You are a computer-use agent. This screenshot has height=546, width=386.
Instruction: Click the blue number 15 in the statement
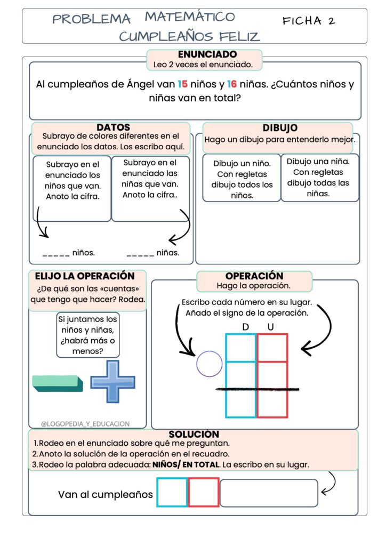tap(182, 84)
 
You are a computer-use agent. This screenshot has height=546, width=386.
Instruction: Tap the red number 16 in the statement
tap(232, 84)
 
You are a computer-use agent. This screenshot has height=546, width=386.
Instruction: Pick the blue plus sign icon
tap(112, 381)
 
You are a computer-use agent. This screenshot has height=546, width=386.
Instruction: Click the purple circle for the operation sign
tap(209, 365)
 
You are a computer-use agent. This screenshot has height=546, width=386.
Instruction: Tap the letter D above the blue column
tap(245, 326)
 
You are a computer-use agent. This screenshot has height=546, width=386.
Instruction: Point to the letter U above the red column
tap(271, 326)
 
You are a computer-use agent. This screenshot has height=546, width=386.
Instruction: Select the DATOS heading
tap(113, 127)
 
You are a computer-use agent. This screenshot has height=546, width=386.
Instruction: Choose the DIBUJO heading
tap(280, 128)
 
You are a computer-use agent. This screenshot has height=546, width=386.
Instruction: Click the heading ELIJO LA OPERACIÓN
tap(85, 276)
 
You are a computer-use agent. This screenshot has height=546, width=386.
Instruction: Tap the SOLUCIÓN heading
tap(194, 435)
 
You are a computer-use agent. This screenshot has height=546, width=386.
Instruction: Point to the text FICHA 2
tap(309, 21)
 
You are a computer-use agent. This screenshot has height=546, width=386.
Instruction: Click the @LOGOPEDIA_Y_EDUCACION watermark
tap(85, 424)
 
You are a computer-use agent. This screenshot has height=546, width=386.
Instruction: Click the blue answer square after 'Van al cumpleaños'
tap(172, 492)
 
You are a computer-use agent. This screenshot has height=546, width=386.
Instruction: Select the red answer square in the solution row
tap(203, 492)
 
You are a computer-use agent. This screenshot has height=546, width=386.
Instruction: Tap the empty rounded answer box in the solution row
tap(269, 493)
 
